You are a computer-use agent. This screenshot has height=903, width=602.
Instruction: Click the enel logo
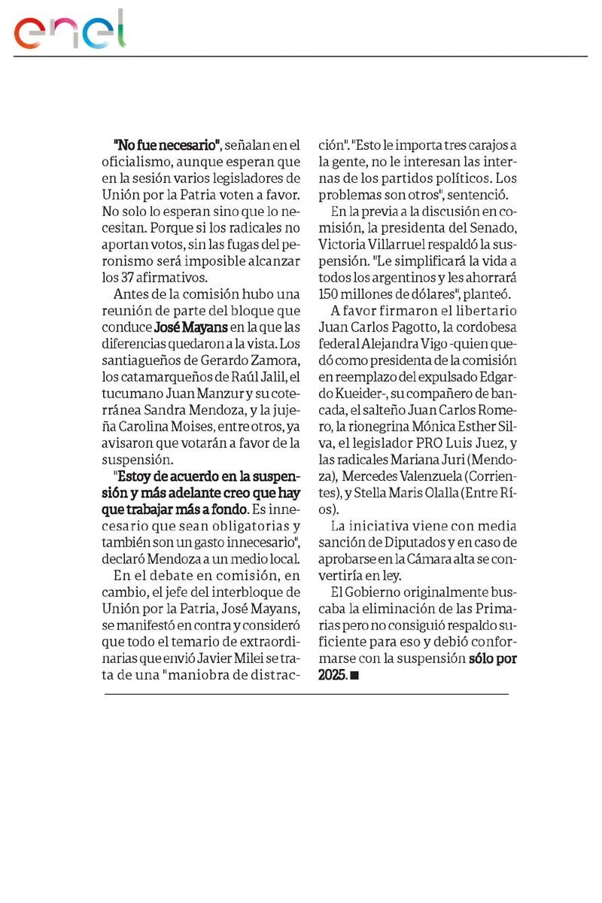point(70,30)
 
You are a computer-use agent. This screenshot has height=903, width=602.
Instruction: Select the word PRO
point(444,442)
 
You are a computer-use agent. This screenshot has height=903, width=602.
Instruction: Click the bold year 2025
point(332,675)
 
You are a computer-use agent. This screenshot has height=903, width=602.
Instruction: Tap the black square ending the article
point(355,676)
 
